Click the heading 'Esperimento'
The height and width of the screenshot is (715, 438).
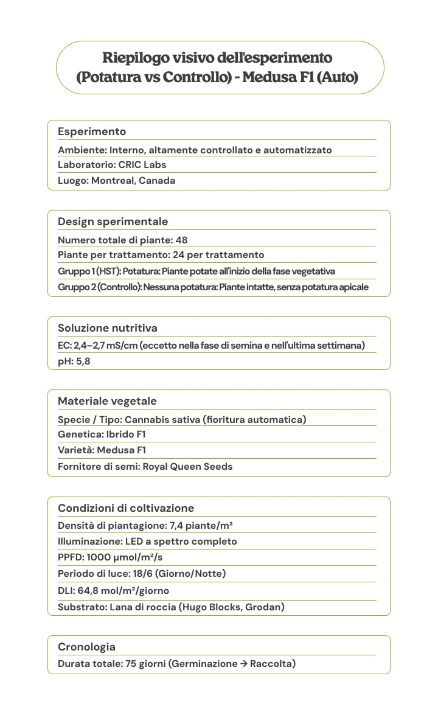92,131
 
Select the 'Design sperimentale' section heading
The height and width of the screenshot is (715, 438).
113,221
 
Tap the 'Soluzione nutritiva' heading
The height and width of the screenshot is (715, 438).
107,328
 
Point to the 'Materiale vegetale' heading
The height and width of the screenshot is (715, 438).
107,401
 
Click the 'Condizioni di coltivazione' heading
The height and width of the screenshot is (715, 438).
126,508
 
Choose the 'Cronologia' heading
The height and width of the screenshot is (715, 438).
86,647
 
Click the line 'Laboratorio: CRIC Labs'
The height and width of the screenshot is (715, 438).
112,165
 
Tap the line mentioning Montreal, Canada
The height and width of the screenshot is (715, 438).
116,181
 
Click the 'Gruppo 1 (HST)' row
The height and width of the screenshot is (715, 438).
196,271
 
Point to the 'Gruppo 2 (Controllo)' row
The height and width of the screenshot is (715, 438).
213,287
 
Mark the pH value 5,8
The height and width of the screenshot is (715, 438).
83,361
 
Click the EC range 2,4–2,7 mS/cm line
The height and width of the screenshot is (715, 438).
211,346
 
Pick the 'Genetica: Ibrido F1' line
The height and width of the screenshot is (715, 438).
102,434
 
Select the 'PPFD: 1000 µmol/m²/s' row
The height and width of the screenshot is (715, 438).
110,557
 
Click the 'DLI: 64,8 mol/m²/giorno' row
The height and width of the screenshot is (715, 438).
113,591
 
